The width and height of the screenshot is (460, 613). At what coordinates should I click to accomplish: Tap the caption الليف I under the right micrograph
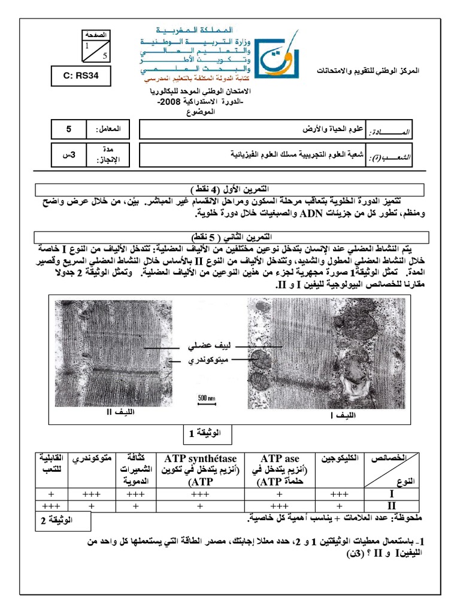pyautogui.click(x=343, y=415)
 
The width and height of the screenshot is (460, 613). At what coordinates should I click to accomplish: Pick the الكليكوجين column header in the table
pyautogui.click(x=341, y=458)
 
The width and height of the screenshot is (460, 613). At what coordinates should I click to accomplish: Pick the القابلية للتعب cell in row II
pyautogui.click(x=52, y=506)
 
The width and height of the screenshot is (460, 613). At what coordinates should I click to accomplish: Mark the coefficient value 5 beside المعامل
pyautogui.click(x=68, y=129)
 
